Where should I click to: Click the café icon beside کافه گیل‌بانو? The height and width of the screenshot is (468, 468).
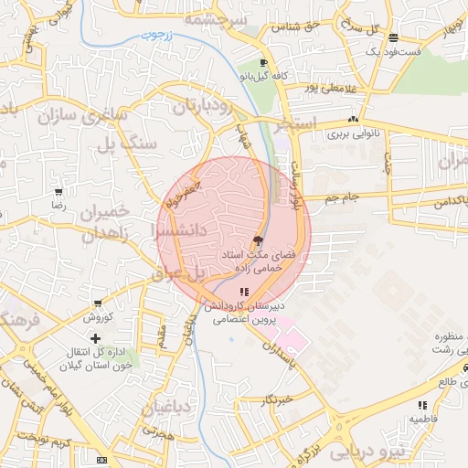tap(264, 64)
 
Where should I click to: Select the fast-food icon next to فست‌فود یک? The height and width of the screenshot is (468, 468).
tap(393, 37)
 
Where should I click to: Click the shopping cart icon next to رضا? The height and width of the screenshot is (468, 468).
tap(58, 193)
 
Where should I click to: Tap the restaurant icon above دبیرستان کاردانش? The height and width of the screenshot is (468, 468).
tap(243, 292)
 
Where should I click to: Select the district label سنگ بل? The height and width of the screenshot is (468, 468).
tap(137, 144)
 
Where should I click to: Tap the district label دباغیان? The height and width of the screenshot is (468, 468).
tap(166, 408)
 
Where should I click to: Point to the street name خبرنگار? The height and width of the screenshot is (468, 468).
tap(274, 399)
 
